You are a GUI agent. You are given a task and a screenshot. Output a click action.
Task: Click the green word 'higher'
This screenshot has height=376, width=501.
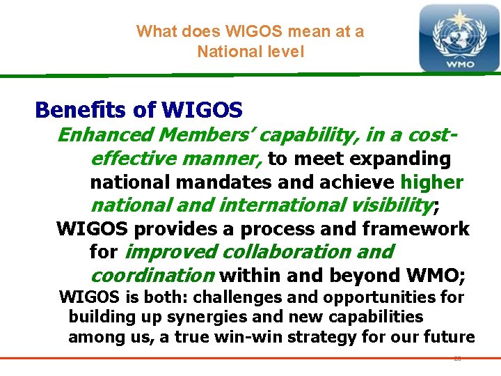click(x=431, y=182)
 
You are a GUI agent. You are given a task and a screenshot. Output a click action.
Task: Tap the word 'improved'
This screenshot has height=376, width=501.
click(x=164, y=251)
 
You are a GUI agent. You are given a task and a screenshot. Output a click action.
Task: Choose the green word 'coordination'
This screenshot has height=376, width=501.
click(x=152, y=275)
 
